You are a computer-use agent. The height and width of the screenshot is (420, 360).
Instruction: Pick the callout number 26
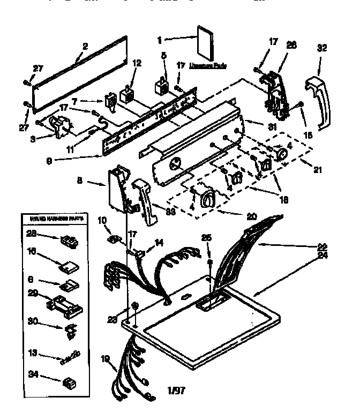coord(291,45)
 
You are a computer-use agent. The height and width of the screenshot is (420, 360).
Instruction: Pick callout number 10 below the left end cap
coord(102,220)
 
